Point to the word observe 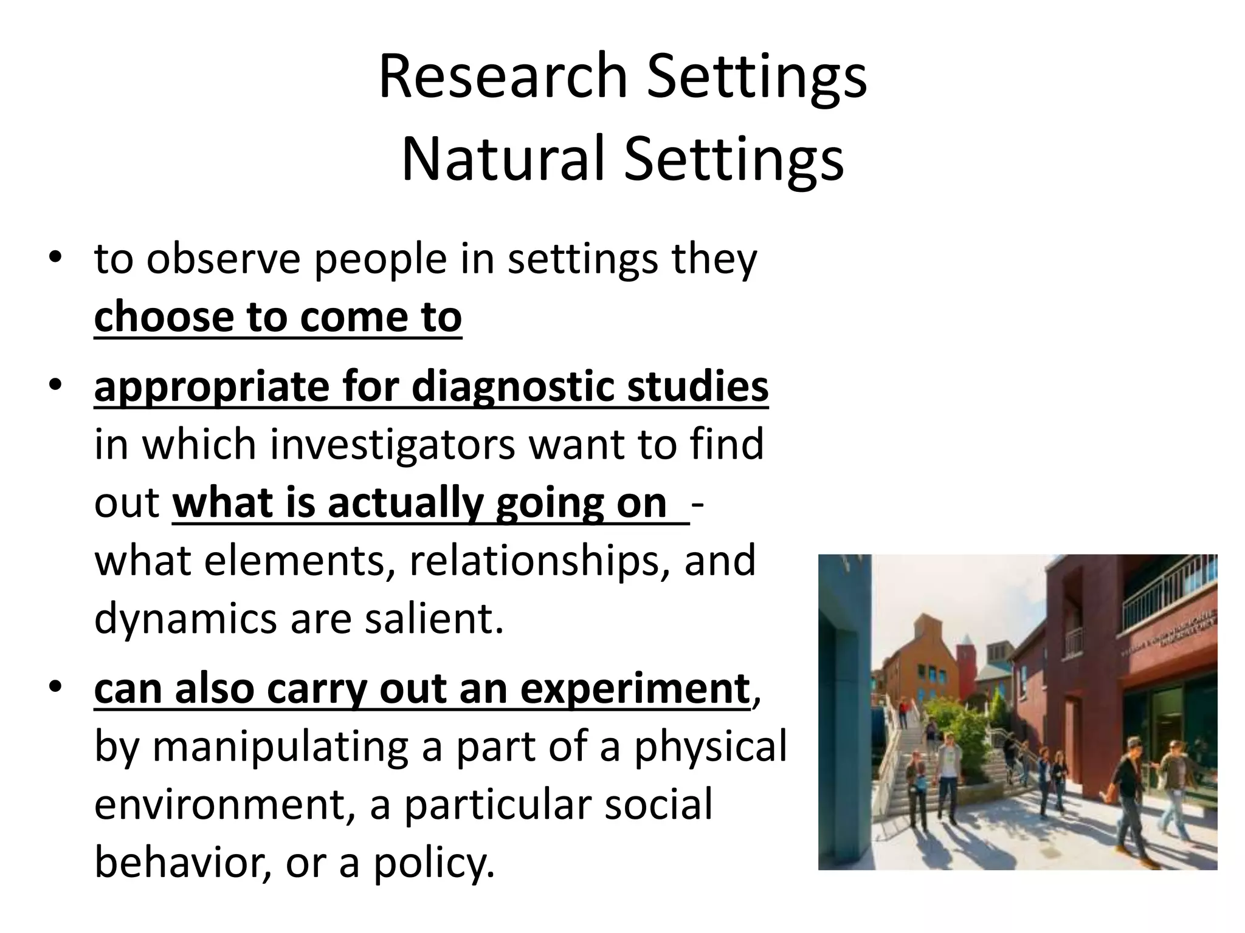click(x=223, y=259)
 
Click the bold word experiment click(x=635, y=689)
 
